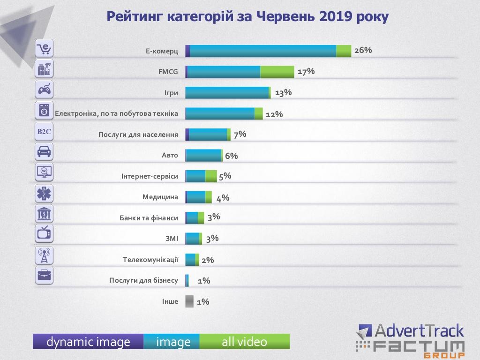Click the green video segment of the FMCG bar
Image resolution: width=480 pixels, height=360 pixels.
pyautogui.click(x=277, y=72)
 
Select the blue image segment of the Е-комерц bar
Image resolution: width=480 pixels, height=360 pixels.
pyautogui.click(x=262, y=51)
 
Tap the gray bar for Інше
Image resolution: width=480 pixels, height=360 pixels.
pyautogui.click(x=189, y=301)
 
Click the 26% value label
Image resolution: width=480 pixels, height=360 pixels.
pyautogui.click(x=363, y=50)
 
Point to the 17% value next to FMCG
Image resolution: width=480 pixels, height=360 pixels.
pyautogui.click(x=306, y=71)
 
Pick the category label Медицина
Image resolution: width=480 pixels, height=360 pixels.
pyautogui.click(x=160, y=197)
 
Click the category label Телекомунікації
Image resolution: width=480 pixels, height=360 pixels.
pyautogui.click(x=150, y=259)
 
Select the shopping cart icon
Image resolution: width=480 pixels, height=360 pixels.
pyautogui.click(x=45, y=48)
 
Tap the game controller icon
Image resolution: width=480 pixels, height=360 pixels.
pyautogui.click(x=45, y=89)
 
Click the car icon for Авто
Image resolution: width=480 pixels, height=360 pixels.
pyautogui.click(x=45, y=151)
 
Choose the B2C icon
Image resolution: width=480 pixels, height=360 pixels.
pyautogui.click(x=44, y=132)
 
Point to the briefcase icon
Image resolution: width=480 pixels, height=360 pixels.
pyautogui.click(x=45, y=275)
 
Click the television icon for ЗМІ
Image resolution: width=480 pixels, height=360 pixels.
pyautogui.click(x=45, y=233)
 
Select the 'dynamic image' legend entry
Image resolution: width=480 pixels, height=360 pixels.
pyautogui.click(x=88, y=342)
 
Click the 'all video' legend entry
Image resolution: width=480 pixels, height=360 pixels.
pyautogui.click(x=244, y=342)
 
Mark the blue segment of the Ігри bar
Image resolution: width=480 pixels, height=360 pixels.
pyautogui.click(x=227, y=92)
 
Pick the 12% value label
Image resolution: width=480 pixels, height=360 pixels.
pyautogui.click(x=274, y=114)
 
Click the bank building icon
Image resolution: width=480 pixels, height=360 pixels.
pyautogui.click(x=45, y=213)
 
